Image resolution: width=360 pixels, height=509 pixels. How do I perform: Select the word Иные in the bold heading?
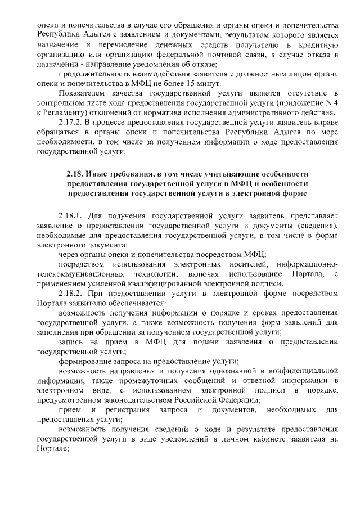[x=98, y=175]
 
